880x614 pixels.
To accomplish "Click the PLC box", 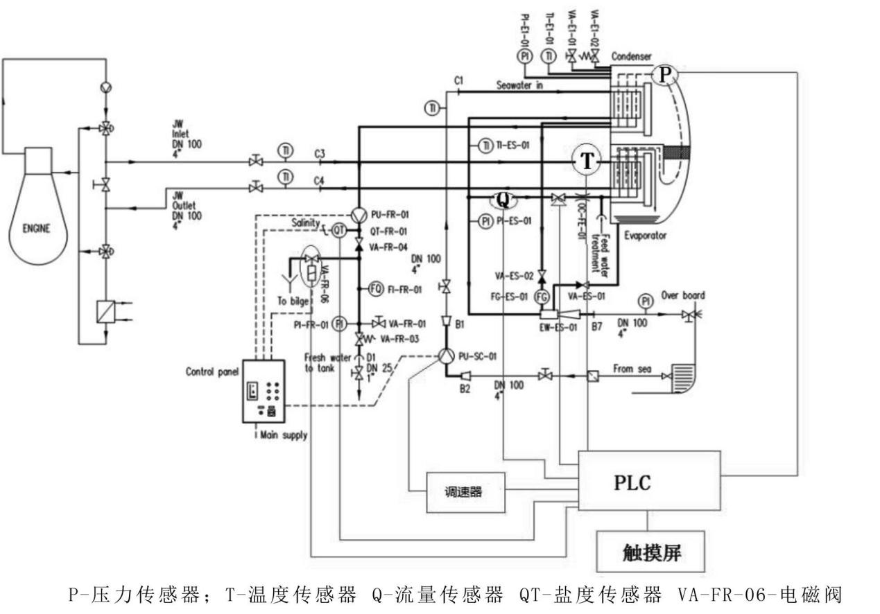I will pos(632,482).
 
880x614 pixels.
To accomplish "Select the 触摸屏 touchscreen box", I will pos(650,552).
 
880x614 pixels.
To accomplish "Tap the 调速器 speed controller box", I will pos(464,492).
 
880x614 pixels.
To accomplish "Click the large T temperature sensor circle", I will pos(587,161).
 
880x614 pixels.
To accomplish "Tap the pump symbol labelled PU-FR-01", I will pos(359,215).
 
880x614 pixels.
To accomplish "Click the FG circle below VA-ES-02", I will pos(542,297).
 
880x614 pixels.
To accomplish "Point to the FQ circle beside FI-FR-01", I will pos(376,289).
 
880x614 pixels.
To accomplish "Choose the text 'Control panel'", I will pos(212,371).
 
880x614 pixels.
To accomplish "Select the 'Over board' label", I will pos(683,295).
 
